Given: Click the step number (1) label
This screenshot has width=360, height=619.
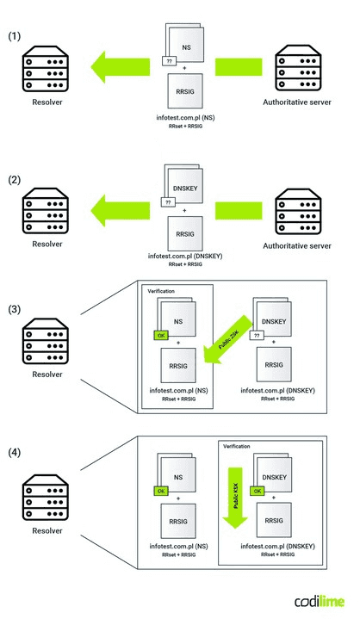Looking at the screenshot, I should click(16, 38).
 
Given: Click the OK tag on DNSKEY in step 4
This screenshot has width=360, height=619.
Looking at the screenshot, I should click(257, 490).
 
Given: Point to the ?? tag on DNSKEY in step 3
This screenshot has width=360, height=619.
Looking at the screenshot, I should click(255, 338).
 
